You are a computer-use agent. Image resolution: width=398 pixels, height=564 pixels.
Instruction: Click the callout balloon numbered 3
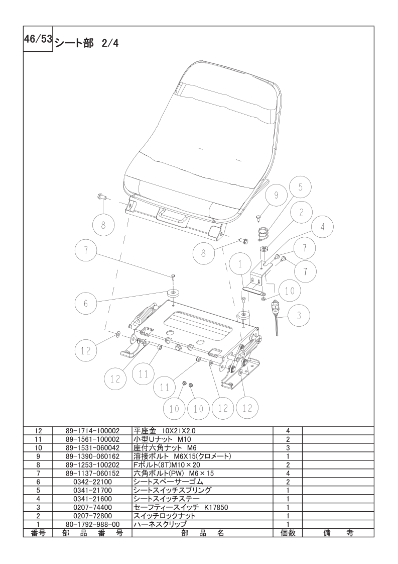coord(299,316)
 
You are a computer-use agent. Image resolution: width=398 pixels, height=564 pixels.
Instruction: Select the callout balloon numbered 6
coord(85,303)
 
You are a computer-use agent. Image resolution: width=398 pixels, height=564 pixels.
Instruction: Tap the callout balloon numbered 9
coord(276,195)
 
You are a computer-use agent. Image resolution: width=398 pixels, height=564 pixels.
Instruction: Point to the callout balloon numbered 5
coord(300,187)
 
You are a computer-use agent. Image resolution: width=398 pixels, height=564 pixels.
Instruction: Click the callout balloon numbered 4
coord(322,227)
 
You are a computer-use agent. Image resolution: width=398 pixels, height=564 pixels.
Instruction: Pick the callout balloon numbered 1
coord(239,264)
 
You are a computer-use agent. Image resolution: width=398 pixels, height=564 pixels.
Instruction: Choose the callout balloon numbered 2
coord(301,212)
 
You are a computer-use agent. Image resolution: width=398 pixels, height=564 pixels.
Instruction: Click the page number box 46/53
coord(38,39)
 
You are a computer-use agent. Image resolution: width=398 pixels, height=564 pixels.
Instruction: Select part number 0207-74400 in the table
coord(92,507)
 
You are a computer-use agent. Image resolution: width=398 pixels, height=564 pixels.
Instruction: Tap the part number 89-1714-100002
coord(92,431)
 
